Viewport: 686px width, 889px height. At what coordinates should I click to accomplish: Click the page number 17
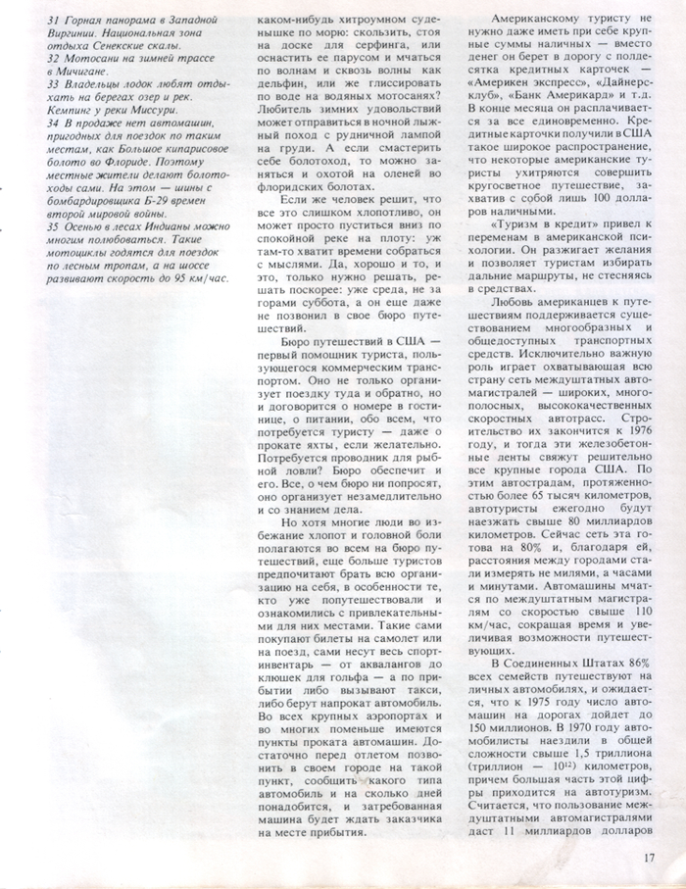(649, 857)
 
